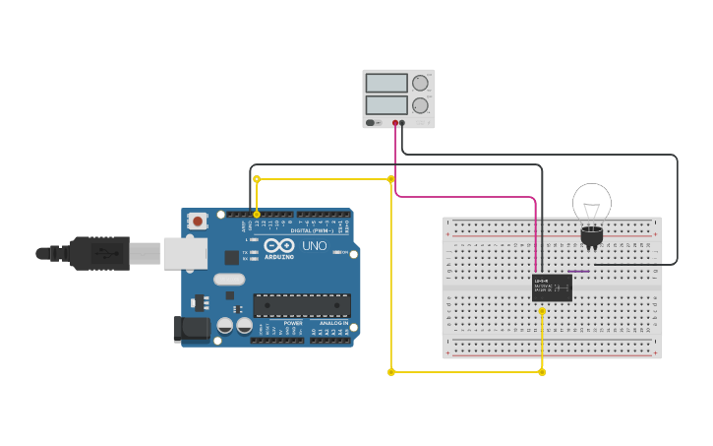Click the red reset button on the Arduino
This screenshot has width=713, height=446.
coord(198,222)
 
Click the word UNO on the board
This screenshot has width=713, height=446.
coord(315,245)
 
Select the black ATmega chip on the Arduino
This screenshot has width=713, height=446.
coord(302,305)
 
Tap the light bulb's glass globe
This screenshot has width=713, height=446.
coord(592,203)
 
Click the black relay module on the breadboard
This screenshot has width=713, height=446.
coord(552,287)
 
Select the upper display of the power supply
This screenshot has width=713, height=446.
coord(386,84)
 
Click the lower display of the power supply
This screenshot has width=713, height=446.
coord(386,104)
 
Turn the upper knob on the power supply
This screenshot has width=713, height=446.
coord(420,84)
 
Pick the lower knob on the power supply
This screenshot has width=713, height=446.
coord(420,105)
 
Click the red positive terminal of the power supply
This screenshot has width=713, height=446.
coord(395,123)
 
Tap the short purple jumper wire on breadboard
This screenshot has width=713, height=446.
coord(579,271)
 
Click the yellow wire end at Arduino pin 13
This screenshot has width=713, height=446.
coord(257,214)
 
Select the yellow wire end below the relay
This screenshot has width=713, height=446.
coord(542,311)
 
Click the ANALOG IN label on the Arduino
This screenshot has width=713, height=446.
coord(332,323)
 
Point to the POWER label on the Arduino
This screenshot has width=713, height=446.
coord(293,323)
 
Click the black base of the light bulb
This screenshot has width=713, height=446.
coord(591,236)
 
